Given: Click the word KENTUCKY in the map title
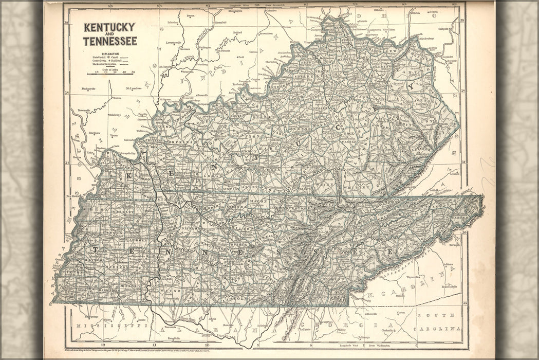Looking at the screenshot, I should pyautogui.click(x=109, y=27).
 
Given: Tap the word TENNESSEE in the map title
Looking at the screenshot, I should pyautogui.click(x=109, y=41).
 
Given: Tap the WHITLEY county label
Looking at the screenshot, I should pyautogui.click(x=360, y=188).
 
